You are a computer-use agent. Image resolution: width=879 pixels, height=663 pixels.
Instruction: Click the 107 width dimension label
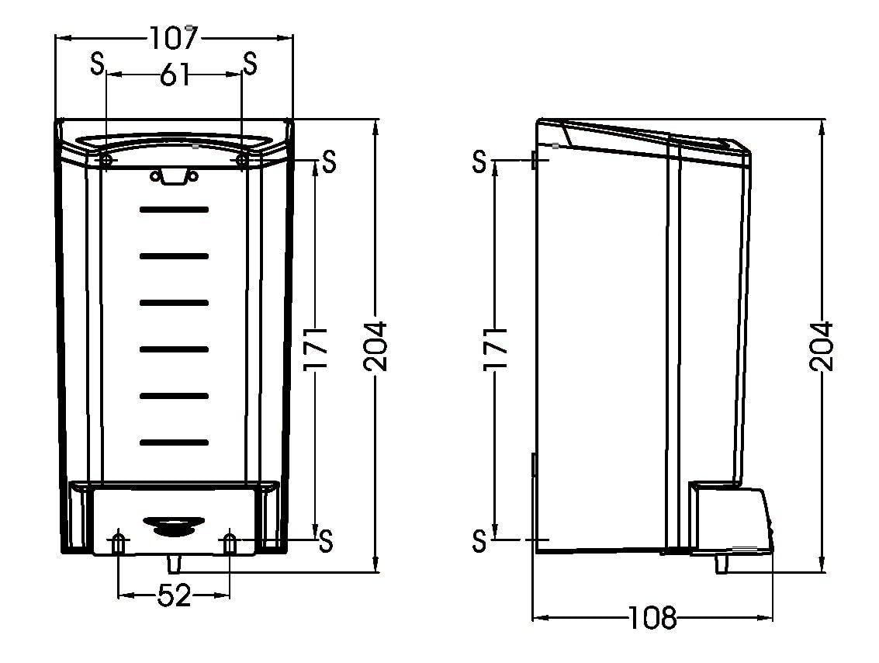[175, 38]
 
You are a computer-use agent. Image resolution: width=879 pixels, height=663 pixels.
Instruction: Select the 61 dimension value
[175, 75]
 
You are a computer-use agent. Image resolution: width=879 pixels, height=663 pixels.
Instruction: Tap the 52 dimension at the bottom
[175, 595]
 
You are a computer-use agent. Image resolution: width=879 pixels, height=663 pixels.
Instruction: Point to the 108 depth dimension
[652, 618]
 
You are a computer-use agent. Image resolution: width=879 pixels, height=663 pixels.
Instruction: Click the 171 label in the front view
[315, 349]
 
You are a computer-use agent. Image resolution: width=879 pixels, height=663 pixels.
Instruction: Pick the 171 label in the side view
[496, 349]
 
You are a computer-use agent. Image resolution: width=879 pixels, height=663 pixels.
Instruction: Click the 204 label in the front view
[375, 346]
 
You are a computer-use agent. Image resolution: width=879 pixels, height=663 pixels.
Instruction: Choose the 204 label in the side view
[822, 346]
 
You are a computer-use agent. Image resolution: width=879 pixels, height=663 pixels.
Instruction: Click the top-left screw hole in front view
[106, 161]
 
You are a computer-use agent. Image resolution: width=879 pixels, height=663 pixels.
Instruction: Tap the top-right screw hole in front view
[241, 161]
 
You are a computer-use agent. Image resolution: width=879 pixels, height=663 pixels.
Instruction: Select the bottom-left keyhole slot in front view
[118, 543]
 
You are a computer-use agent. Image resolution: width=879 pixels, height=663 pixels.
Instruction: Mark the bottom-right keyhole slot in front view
[230, 543]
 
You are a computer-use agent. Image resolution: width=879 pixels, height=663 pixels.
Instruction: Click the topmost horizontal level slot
[174, 210]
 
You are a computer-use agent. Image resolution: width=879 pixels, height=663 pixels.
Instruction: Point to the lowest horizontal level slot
[174, 443]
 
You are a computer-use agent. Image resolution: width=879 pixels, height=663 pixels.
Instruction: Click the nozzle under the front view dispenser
[175, 564]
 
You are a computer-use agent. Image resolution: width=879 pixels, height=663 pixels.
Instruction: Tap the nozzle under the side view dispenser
[722, 564]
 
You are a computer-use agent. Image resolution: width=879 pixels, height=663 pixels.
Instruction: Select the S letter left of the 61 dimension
[98, 64]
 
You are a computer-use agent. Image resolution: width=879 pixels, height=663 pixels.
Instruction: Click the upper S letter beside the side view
[479, 161]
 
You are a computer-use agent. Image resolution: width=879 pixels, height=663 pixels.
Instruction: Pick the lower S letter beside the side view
[479, 540]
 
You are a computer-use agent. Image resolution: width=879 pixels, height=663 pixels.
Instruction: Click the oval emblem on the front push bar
[173, 525]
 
